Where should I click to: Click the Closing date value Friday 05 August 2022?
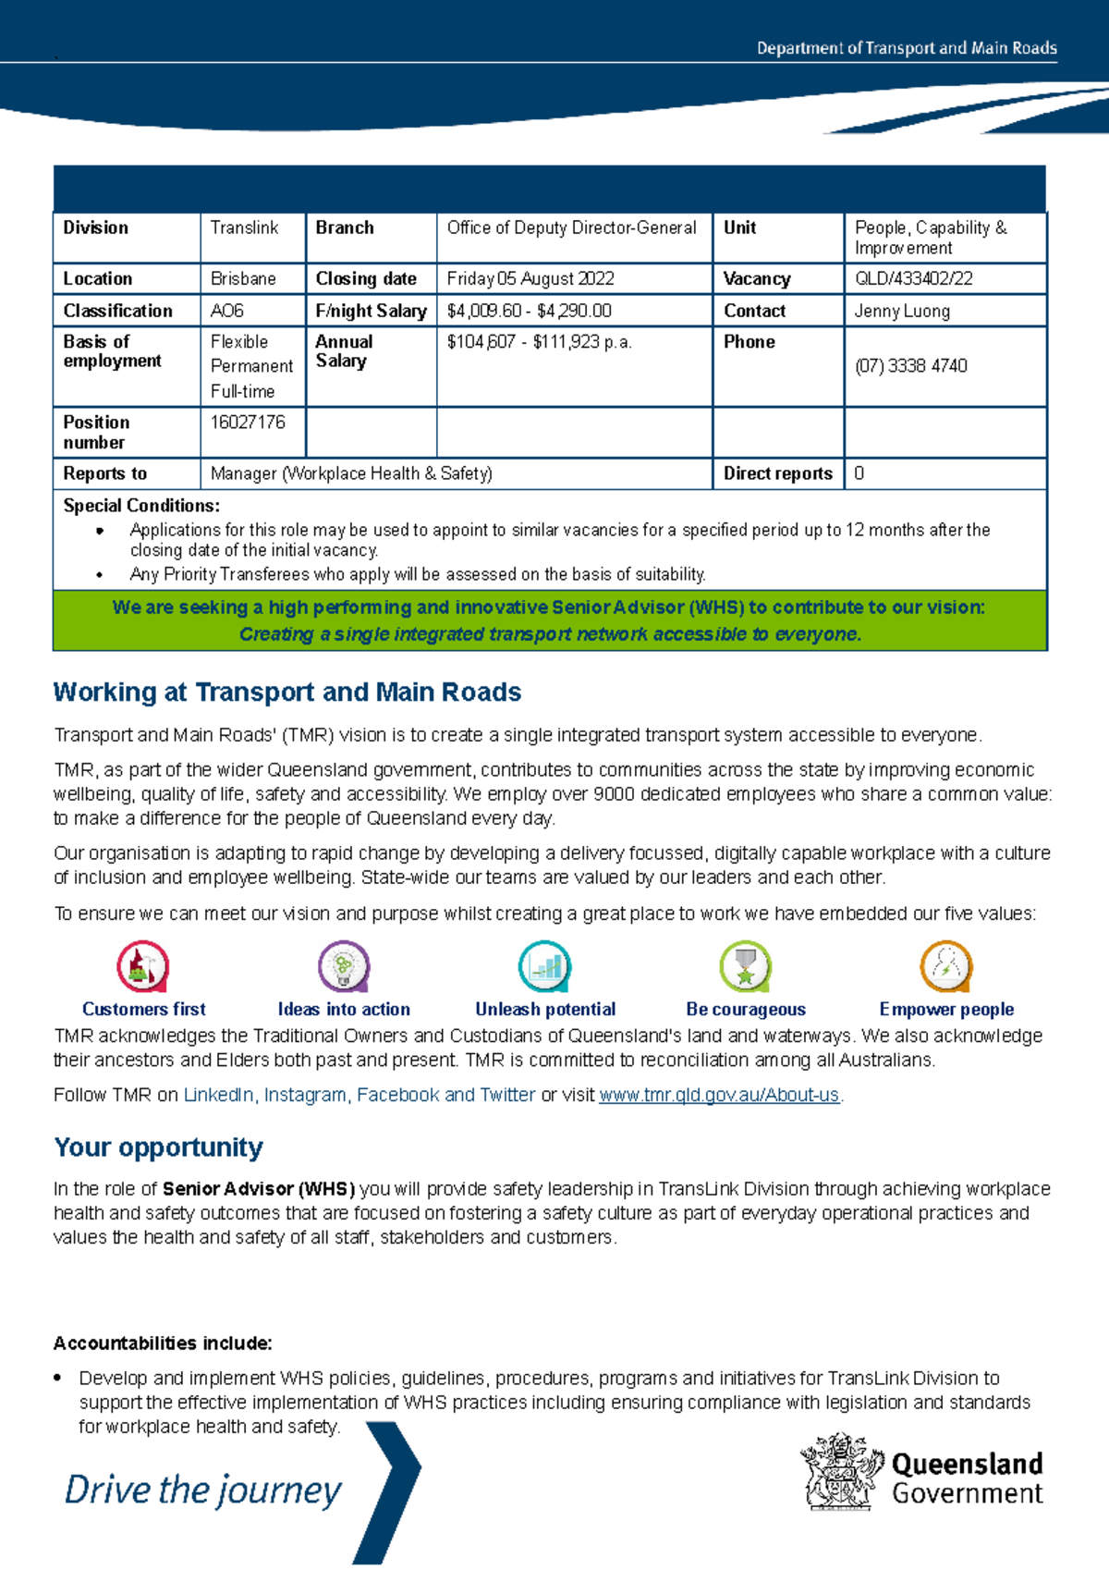pos(530,279)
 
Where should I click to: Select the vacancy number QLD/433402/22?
pos(913,279)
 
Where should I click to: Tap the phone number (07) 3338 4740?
pos(910,366)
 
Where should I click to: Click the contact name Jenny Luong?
pos(902,312)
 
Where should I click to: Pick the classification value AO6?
pos(227,312)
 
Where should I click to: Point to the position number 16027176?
pos(248,423)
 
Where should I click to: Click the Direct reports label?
pos(777,473)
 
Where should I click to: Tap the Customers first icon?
pos(143,967)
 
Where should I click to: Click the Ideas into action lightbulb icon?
pos(344,967)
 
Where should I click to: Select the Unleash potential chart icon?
pos(544,967)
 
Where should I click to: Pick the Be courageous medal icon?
pos(746,967)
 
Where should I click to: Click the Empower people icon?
pos(946,967)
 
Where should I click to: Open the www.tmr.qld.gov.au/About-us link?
pos(719,1096)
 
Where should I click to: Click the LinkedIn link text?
pos(218,1096)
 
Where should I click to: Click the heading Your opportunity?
pos(158,1147)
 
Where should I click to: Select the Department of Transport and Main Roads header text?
pos(907,48)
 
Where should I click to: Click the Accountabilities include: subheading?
pos(163,1343)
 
